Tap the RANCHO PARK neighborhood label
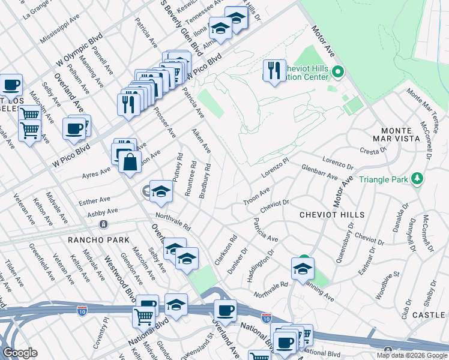(99, 240)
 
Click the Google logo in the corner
(20, 352)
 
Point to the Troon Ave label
(256, 196)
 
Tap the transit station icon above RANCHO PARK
(104, 224)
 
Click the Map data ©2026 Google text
(412, 355)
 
